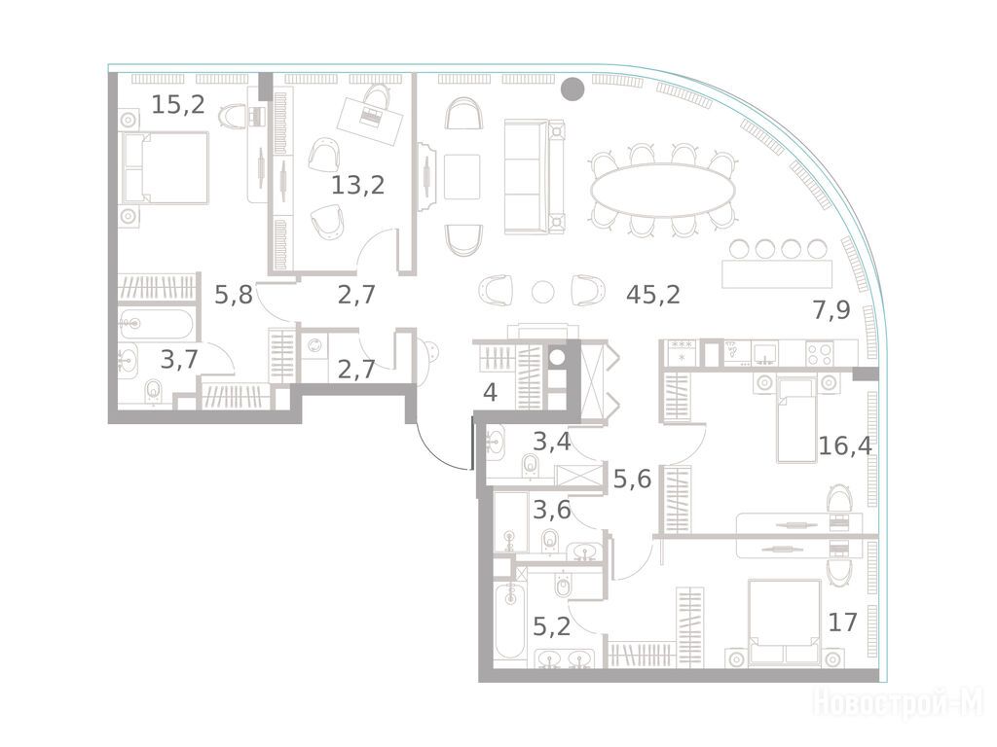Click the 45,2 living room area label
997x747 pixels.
point(653,295)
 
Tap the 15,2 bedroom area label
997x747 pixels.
point(178,104)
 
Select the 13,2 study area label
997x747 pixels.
point(358,186)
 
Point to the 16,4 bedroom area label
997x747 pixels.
point(845,445)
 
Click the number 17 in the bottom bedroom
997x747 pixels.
point(843,622)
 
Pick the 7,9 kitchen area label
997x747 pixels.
point(831,310)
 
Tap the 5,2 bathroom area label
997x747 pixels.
point(551,627)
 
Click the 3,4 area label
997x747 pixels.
point(551,442)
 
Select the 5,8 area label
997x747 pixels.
point(234,295)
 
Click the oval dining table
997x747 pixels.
point(662,190)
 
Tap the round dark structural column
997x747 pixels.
point(572,89)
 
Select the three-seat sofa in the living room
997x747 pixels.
point(535,177)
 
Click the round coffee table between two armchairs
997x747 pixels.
point(542,292)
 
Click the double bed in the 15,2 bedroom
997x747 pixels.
point(165,167)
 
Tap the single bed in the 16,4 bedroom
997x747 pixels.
point(796,418)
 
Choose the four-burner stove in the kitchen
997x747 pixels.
point(820,353)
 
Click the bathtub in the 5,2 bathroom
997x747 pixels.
point(510,622)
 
